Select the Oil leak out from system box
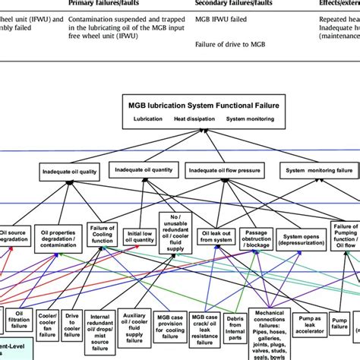(x=216, y=237)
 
